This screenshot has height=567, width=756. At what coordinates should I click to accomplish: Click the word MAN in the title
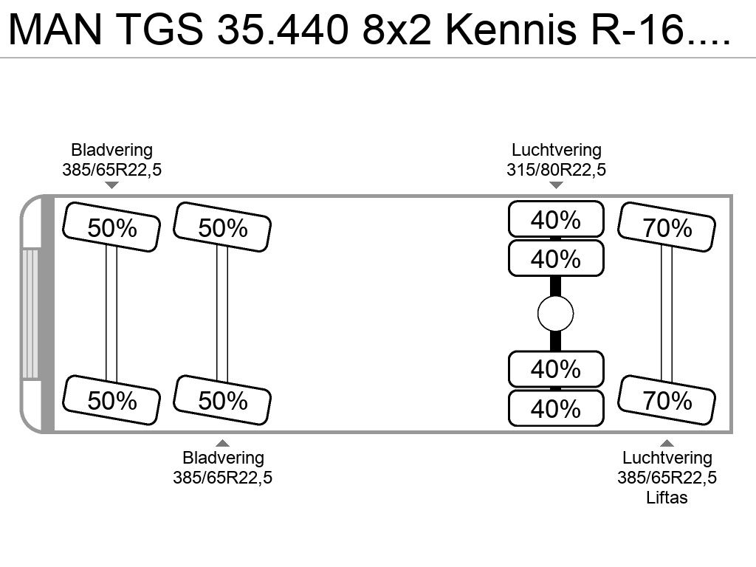(x=55, y=30)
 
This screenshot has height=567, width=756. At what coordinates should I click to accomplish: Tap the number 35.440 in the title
(x=283, y=30)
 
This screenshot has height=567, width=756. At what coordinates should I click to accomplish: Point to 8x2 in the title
(x=396, y=30)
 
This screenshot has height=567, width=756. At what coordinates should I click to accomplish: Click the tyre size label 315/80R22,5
(x=556, y=170)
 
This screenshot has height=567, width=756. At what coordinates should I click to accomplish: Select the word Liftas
(x=667, y=497)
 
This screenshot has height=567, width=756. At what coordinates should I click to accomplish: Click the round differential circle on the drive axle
(x=555, y=314)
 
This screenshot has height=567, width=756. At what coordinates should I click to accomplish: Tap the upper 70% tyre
(x=667, y=227)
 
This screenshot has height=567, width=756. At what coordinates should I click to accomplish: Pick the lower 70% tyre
(x=667, y=400)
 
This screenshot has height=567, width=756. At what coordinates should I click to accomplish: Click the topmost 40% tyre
(x=556, y=219)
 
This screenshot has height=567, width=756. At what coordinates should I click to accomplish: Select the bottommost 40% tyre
(x=556, y=408)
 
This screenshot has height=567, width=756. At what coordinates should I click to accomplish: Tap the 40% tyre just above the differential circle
(x=556, y=258)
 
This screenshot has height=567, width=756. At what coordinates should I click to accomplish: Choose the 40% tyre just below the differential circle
(x=556, y=369)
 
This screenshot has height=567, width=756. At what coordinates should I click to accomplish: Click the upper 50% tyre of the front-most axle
(x=111, y=227)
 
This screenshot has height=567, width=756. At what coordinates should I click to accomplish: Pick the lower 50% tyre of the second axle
(x=222, y=400)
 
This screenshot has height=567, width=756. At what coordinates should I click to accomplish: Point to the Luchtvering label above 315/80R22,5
(x=556, y=150)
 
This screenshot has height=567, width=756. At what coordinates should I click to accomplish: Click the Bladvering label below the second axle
(x=223, y=458)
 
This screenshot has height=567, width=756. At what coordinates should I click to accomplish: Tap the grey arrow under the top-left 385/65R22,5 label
(x=111, y=185)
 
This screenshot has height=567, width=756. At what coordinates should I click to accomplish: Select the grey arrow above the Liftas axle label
(x=667, y=443)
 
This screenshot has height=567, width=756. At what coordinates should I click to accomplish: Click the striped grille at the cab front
(x=30, y=313)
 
